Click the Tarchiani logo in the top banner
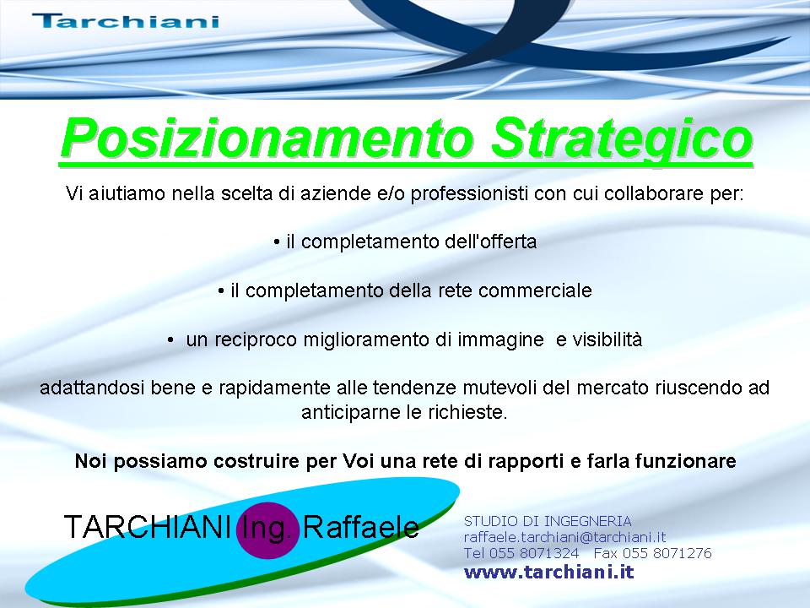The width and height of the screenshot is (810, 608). (x=126, y=20)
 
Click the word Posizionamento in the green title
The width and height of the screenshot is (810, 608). (x=267, y=138)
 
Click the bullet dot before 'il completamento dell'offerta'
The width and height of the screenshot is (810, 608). (x=277, y=242)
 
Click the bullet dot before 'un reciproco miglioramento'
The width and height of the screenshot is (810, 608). (x=170, y=339)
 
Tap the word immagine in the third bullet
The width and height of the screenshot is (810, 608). (x=500, y=340)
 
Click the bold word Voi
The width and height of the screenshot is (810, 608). (x=359, y=461)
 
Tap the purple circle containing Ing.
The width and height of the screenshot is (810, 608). (x=267, y=530)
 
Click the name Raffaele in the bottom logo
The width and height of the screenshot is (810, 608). (x=360, y=527)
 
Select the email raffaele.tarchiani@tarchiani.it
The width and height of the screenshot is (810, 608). (x=564, y=537)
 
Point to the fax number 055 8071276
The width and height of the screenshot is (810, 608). (x=667, y=553)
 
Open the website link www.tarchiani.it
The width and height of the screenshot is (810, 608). (x=548, y=573)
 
